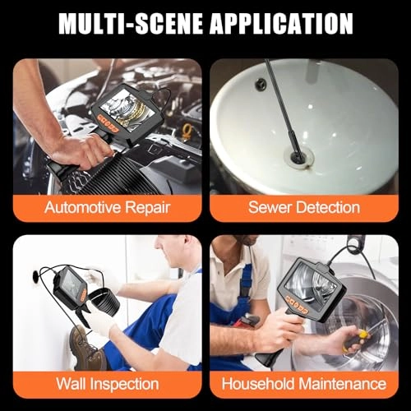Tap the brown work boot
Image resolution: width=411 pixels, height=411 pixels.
click(x=86, y=345)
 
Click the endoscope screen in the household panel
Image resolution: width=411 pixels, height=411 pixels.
click(x=312, y=287)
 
